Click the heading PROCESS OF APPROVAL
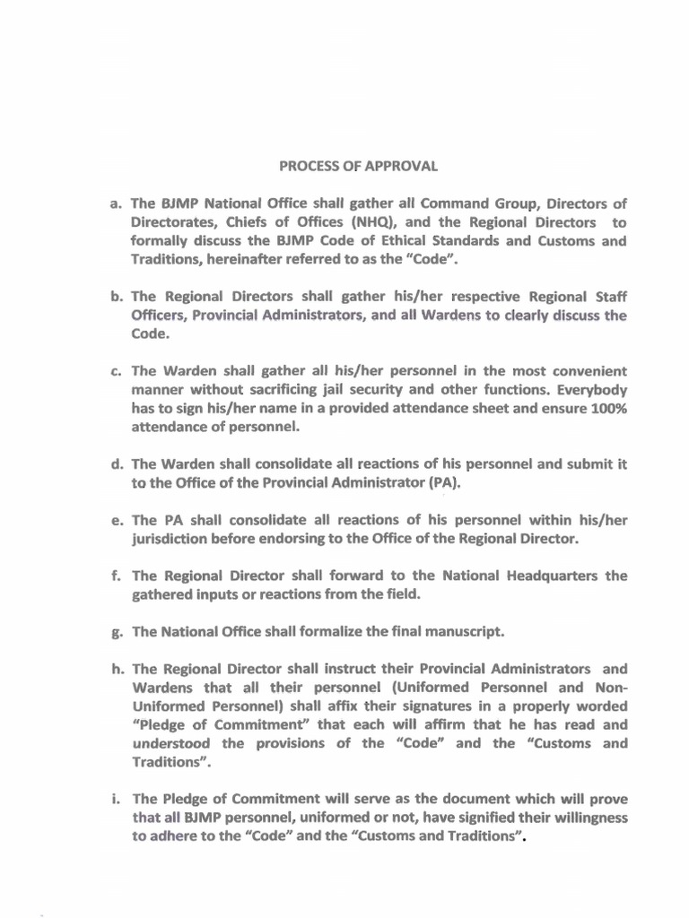358,166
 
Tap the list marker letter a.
116,204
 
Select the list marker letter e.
116,520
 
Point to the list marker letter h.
116,669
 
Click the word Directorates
170,222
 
